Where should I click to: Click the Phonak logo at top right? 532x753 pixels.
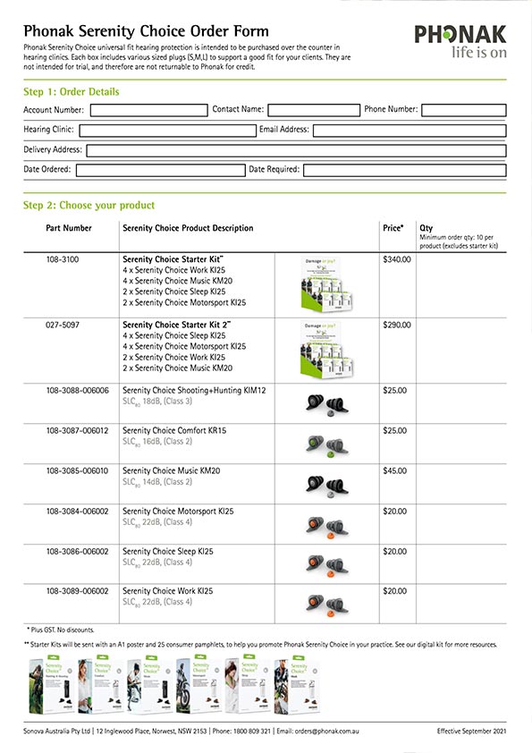[x=460, y=42]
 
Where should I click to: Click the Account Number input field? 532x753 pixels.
[x=148, y=110]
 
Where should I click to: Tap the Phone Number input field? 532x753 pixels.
[x=463, y=110]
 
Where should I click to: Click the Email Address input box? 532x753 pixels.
[x=409, y=131]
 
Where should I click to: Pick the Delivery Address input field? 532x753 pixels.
[x=295, y=150]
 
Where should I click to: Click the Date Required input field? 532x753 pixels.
[x=404, y=170]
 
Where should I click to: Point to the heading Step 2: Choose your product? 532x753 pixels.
[x=89, y=206]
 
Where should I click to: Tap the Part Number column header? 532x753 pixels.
[x=69, y=229]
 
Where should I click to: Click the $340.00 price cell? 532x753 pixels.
[x=397, y=260]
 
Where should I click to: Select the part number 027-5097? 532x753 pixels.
[x=64, y=325]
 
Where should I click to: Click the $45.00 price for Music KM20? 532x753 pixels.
[x=394, y=471]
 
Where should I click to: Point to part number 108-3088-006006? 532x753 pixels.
[x=77, y=391]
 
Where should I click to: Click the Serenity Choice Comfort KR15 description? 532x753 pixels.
[x=174, y=431]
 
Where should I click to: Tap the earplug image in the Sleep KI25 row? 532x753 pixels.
[x=324, y=564]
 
